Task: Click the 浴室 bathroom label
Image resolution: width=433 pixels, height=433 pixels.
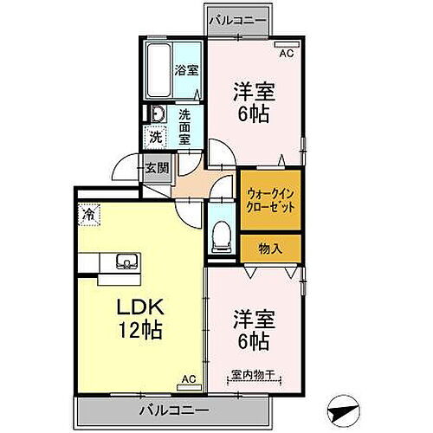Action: pos(186,70)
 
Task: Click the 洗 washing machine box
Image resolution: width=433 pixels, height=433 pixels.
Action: pos(154,135)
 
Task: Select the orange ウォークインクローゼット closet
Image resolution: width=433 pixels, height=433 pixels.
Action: pos(269,201)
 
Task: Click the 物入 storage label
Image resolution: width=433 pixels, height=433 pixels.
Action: pos(270,249)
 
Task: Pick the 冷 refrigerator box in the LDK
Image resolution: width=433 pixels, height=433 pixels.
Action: pos(88,210)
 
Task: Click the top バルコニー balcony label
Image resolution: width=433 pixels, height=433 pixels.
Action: pos(236,18)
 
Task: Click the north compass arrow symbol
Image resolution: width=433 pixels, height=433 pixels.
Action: pos(343,407)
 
